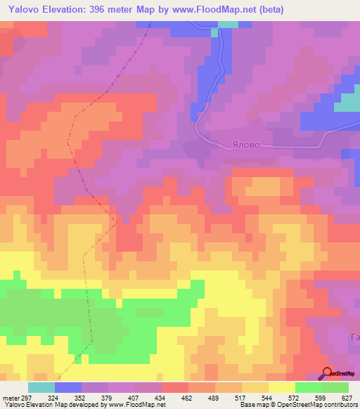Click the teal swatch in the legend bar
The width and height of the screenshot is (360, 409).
41,387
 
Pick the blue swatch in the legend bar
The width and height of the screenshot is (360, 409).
68,387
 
